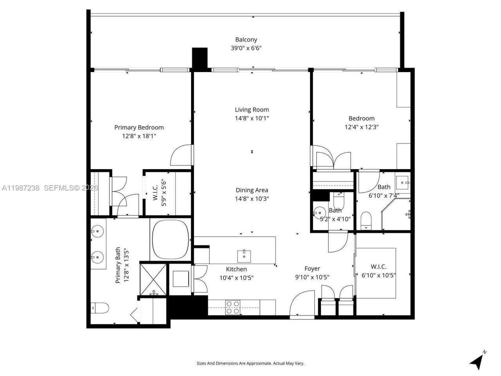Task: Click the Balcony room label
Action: [x=246, y=40]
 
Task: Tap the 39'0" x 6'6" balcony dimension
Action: [x=246, y=48]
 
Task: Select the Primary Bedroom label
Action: [x=139, y=127]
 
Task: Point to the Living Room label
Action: [x=252, y=110]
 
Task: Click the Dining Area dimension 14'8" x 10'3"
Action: [x=252, y=199]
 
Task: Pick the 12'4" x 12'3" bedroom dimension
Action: [x=361, y=127]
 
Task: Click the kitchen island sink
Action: [x=244, y=256]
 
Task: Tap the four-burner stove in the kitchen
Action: [x=233, y=307]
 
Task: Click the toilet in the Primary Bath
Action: [x=99, y=308]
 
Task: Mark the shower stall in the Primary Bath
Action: [x=153, y=278]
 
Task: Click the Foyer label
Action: [x=312, y=269]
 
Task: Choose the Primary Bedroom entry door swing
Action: [x=182, y=155]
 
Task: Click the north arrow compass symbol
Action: [x=477, y=361]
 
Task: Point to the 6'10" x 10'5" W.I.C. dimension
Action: [x=378, y=275]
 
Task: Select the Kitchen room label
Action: [x=236, y=269]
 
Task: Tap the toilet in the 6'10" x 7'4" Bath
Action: [x=366, y=220]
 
